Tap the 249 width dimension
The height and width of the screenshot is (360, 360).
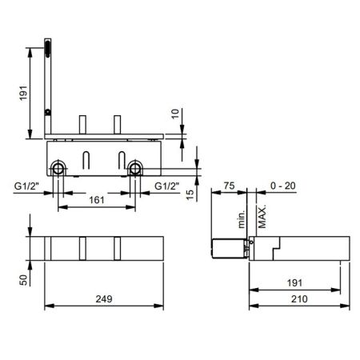point(102,298)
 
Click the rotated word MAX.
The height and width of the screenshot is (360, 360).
point(262,214)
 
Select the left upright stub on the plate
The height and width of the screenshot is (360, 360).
point(82,125)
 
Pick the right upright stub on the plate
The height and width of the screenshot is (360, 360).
point(117,125)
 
